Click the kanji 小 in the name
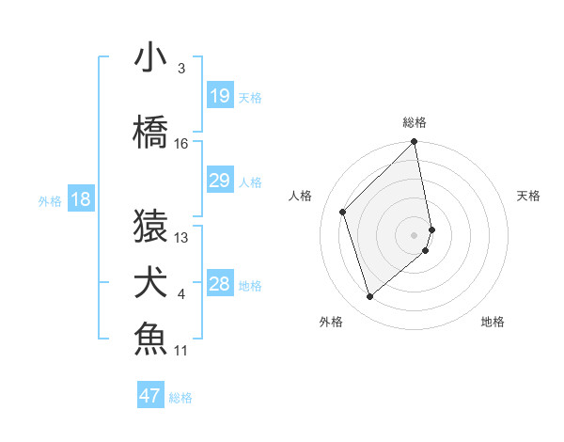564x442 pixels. (150, 58)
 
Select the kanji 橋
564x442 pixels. (150, 133)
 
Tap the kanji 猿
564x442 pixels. (150, 226)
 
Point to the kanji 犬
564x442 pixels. (150, 283)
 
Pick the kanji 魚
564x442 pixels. (150, 339)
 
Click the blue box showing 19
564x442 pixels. (219, 96)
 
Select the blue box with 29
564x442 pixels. (219, 181)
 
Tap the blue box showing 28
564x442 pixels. (219, 284)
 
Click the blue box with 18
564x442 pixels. (81, 199)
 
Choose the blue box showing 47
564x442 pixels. (150, 396)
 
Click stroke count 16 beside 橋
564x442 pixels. (181, 144)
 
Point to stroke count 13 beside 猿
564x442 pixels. (181, 238)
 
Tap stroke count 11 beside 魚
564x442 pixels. (181, 351)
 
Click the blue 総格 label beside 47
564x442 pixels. (180, 398)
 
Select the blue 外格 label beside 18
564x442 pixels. (50, 200)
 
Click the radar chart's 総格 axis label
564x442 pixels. (415, 122)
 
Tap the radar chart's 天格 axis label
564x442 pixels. (529, 196)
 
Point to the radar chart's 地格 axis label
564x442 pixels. (493, 323)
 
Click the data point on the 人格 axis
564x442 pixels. (343, 212)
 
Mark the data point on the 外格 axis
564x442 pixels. (370, 297)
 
